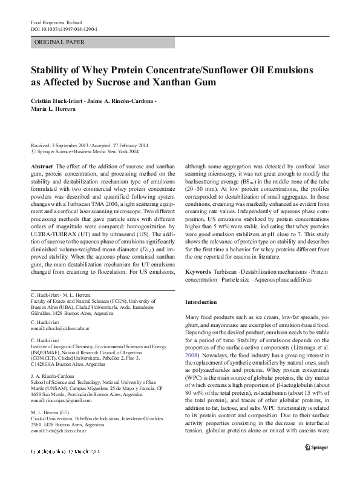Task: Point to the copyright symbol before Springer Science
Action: point(33,153)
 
